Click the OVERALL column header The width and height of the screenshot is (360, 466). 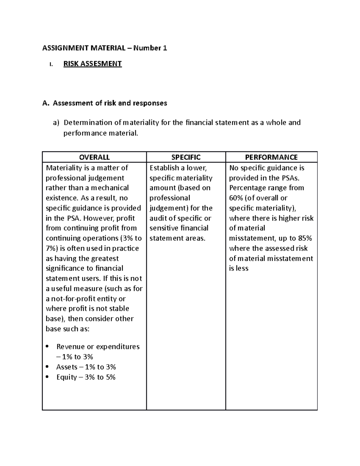pyautogui.click(x=94, y=157)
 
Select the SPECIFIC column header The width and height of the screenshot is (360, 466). pyautogui.click(x=186, y=157)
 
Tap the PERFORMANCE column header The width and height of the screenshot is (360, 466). pyautogui.click(x=271, y=157)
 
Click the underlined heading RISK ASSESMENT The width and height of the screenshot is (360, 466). pyautogui.click(x=92, y=64)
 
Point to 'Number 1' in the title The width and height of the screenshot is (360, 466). pyautogui.click(x=150, y=48)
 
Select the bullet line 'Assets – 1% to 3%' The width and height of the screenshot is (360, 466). pyautogui.click(x=86, y=367)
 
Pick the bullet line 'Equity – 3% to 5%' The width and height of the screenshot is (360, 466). pyautogui.click(x=86, y=377)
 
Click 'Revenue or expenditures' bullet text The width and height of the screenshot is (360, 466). pyautogui.click(x=98, y=347)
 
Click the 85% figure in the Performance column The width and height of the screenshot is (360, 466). pyautogui.click(x=305, y=238)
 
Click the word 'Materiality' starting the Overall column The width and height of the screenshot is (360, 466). pyautogui.click(x=63, y=168)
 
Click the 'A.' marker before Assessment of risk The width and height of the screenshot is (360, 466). pyautogui.click(x=45, y=103)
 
